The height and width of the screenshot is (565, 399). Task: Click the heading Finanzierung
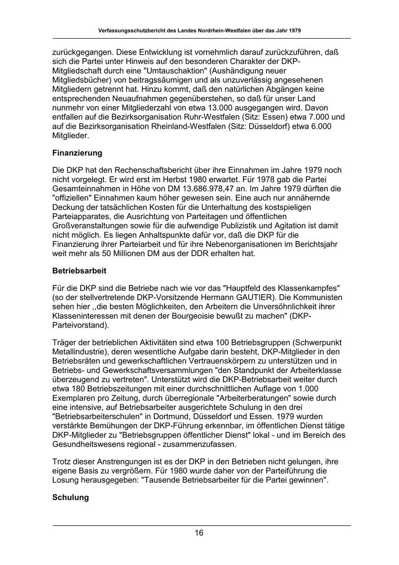point(77,153)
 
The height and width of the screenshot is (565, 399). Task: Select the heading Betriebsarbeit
point(79,270)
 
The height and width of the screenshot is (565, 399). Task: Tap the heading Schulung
point(70,498)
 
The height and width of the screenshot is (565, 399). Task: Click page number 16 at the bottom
point(199,533)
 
